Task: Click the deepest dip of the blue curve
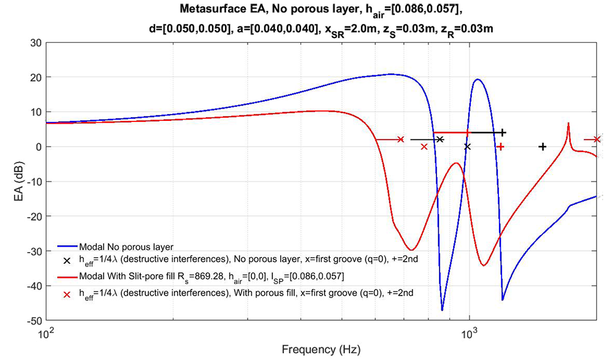442,310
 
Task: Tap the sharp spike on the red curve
569,124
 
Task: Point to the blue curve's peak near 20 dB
478,79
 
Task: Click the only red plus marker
501,147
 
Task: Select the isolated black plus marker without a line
543,147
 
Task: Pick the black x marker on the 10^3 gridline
468,147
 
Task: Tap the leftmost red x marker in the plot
400,140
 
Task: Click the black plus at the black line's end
503,132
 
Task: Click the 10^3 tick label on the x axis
468,335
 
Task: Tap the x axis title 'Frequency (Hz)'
321,350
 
